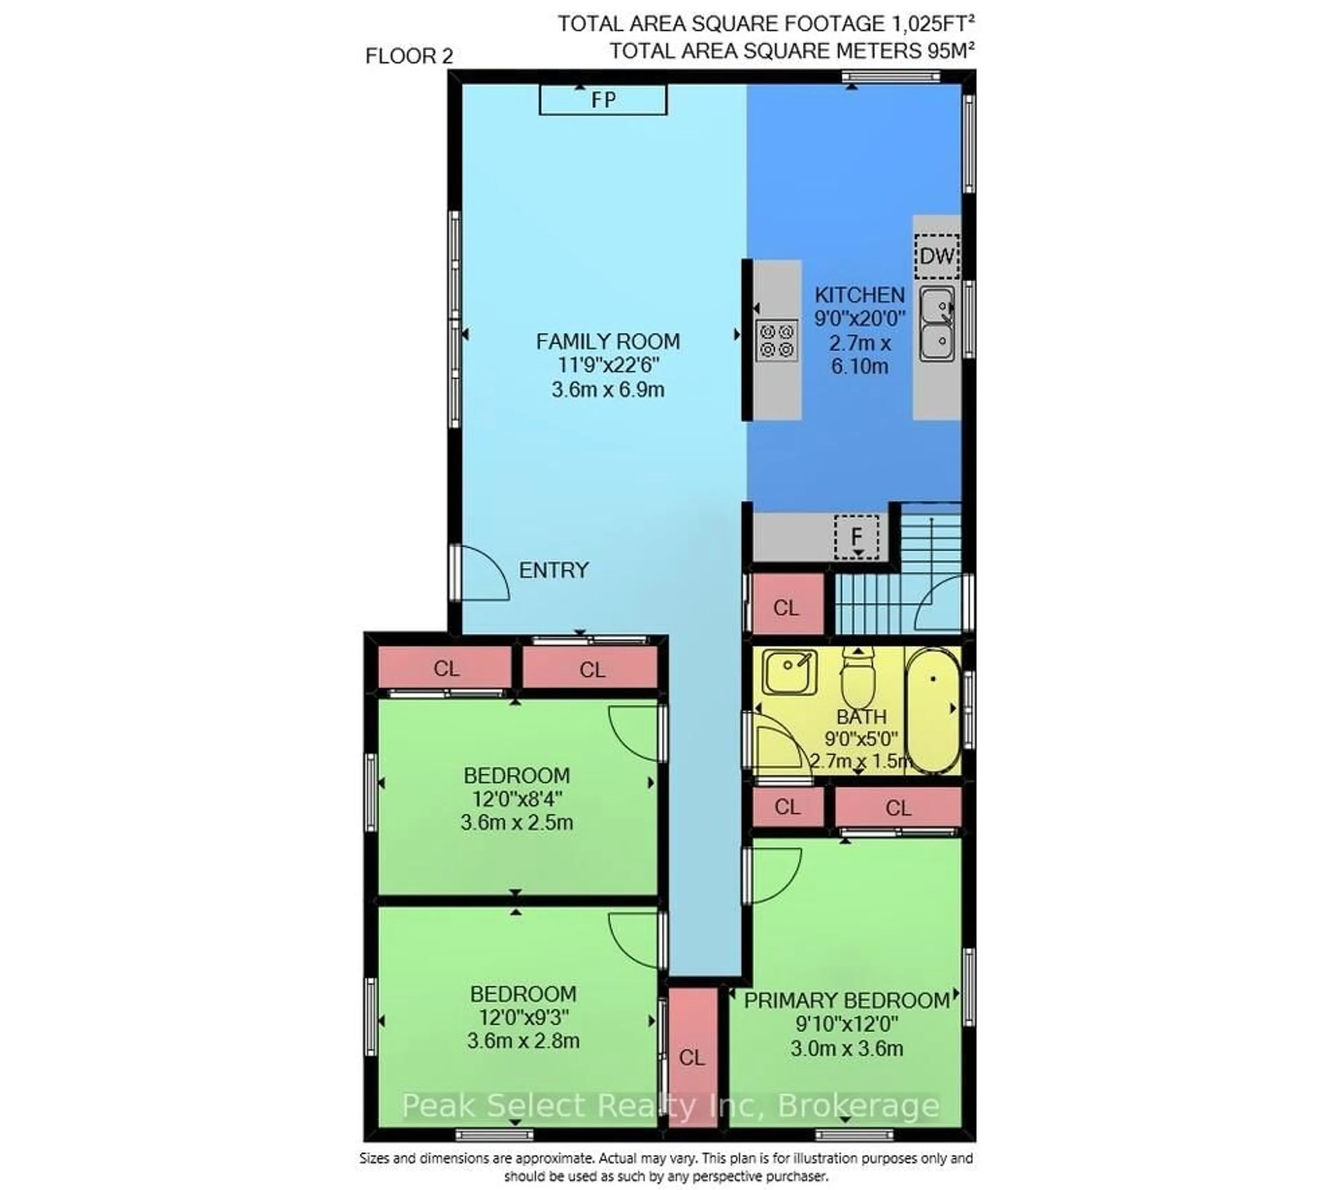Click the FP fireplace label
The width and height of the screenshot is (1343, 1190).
click(603, 100)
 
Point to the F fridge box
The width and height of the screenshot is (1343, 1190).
click(856, 537)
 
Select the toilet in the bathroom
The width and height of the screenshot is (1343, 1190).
click(858, 677)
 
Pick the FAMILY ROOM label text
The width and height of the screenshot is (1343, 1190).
click(608, 342)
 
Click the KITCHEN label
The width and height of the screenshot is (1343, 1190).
click(859, 295)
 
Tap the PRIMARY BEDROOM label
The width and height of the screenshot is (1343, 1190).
click(846, 1000)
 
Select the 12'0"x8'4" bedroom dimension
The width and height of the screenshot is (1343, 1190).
click(517, 799)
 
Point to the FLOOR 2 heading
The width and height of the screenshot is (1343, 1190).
click(409, 57)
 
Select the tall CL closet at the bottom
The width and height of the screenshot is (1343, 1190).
click(692, 1058)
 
